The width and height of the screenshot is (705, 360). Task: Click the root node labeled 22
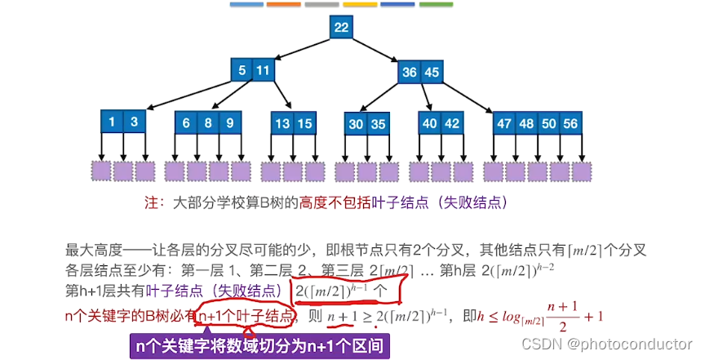pos(341,28)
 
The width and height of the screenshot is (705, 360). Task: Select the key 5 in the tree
pos(242,71)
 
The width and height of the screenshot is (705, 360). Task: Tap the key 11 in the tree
pos(262,71)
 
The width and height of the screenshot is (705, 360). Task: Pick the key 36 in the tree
pos(410,72)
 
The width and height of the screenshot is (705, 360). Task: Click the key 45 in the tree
pos(432,72)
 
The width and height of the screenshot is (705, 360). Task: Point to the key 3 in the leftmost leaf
pos(133,123)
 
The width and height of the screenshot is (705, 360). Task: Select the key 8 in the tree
pos(208,123)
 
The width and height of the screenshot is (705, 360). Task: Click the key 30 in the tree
pos(355,124)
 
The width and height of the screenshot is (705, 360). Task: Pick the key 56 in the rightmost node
pos(570,123)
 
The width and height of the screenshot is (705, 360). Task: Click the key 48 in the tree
pos(526,123)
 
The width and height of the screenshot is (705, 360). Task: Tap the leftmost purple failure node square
pos(101,171)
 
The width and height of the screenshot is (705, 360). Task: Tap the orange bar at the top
pos(283,4)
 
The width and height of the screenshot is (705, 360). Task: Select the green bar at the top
pos(434,4)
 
